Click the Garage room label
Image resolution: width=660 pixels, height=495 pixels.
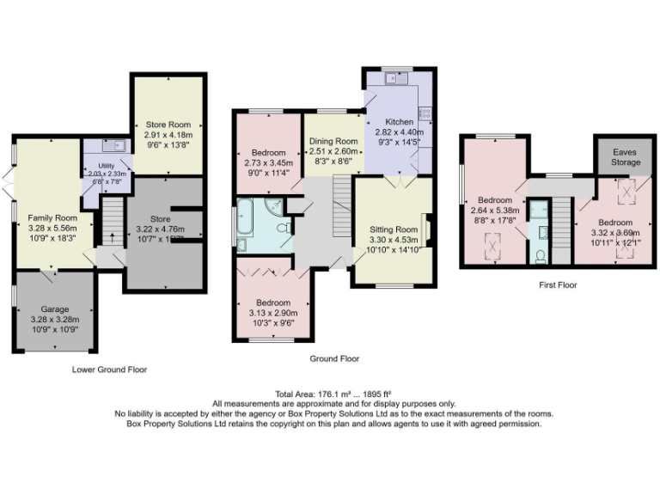pyautogui.click(x=56, y=309)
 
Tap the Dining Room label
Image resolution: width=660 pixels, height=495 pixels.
pyautogui.click(x=333, y=141)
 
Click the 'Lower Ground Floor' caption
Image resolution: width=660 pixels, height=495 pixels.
pyautogui.click(x=109, y=370)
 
